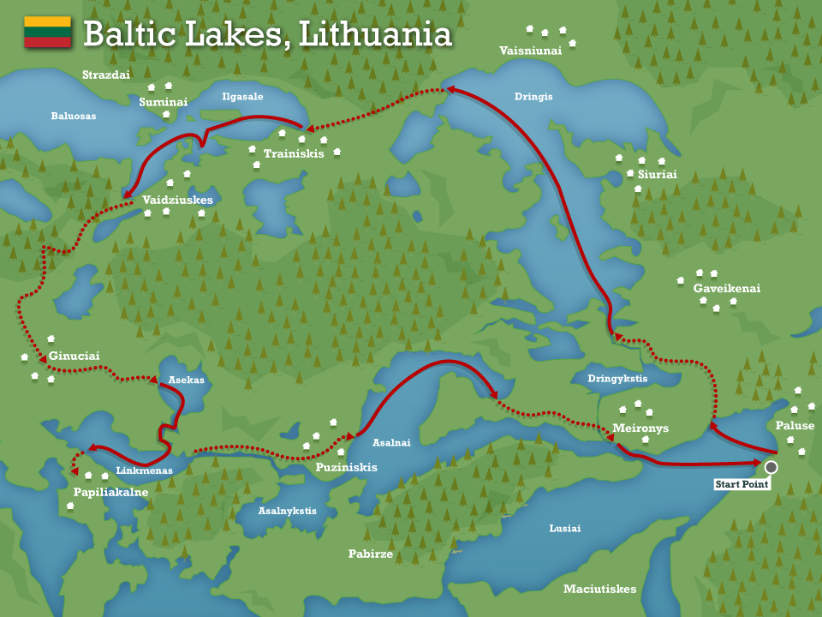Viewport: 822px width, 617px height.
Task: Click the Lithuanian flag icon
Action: [47, 32]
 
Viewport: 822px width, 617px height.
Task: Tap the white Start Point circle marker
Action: [771, 467]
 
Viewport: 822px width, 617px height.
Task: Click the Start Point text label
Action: [742, 485]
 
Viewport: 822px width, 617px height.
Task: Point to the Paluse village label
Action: [795, 426]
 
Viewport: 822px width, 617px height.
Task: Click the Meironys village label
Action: [640, 428]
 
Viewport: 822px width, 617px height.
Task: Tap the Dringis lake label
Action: [533, 97]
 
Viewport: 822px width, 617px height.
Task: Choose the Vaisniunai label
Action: [531, 51]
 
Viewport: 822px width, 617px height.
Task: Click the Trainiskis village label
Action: [294, 154]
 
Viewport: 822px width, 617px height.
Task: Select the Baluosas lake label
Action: [74, 116]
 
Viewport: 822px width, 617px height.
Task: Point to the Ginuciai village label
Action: [74, 356]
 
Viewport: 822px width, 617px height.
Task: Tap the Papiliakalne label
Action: [110, 493]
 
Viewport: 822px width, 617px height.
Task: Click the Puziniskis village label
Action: [346, 468]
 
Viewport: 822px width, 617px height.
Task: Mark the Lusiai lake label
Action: [564, 529]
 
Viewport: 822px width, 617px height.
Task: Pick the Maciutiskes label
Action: [599, 589]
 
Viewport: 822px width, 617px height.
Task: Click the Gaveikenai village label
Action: [726, 289]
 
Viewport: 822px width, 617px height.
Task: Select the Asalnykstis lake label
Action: [288, 511]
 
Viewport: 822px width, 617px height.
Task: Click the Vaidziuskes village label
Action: [177, 200]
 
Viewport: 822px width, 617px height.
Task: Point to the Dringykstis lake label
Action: [617, 378]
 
